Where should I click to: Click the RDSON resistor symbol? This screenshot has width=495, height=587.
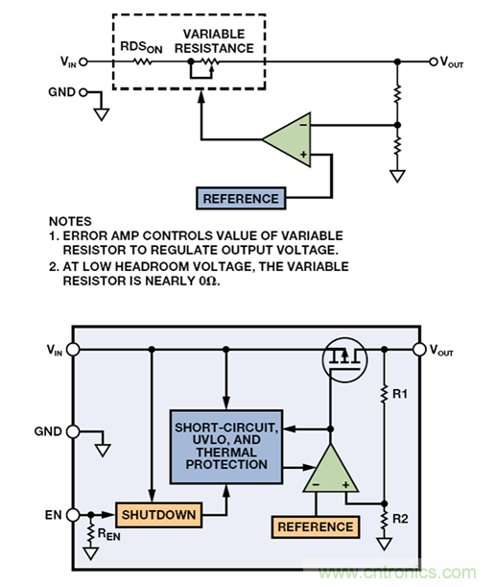(x=143, y=61)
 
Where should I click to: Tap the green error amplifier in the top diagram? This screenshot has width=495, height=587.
(x=287, y=139)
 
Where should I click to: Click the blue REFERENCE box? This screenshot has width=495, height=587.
(x=241, y=199)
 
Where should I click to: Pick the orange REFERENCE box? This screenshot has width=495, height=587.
(x=316, y=527)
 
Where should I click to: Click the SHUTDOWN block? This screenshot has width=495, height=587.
(x=158, y=515)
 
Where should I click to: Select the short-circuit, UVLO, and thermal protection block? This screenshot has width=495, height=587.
(x=226, y=447)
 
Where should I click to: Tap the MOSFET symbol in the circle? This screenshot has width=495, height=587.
(x=344, y=359)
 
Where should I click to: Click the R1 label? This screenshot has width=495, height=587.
(x=400, y=394)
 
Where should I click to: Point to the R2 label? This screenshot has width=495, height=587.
(x=400, y=519)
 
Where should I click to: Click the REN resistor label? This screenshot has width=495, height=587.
(x=108, y=534)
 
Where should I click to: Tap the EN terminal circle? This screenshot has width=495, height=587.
(x=73, y=515)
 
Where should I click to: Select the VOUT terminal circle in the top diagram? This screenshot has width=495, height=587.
(x=434, y=61)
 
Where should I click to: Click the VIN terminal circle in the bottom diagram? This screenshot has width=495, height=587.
(x=73, y=350)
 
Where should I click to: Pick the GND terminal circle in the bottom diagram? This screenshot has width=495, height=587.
(x=73, y=431)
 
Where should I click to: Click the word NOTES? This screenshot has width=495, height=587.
(x=70, y=221)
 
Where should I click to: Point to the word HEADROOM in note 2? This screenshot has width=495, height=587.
(x=148, y=266)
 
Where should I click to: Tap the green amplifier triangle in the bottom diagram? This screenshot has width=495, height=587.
(x=331, y=468)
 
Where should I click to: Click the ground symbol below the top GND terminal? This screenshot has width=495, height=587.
(x=102, y=114)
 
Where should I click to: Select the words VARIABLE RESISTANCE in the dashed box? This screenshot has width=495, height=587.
(x=214, y=41)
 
